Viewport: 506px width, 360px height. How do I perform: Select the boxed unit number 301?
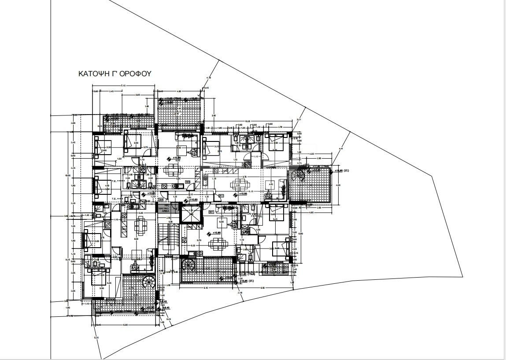pos(211,212)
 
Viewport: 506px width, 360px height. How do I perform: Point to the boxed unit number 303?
pos(188,182)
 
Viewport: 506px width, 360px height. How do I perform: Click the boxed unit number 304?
pos(161,200)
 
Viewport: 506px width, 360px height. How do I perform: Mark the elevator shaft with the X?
pos(190,215)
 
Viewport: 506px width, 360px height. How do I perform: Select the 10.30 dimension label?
pos(247,121)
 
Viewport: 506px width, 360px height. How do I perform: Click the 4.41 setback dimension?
pos(340,149)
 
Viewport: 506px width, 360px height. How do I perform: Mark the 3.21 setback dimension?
pos(299,119)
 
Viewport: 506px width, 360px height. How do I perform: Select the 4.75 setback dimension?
pos(208,78)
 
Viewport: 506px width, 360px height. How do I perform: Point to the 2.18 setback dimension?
pos(240,293)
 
